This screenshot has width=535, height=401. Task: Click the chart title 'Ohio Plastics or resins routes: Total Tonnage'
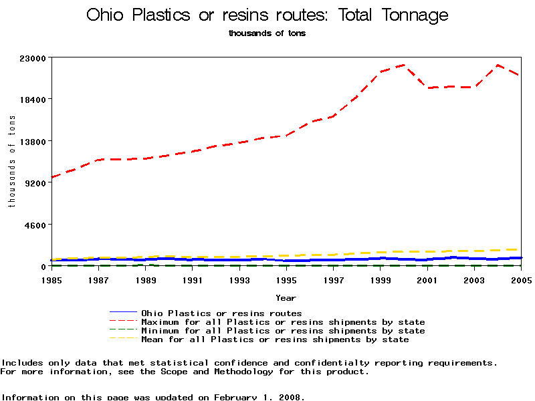coord(267,15)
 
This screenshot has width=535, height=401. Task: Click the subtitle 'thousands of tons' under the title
coord(267,33)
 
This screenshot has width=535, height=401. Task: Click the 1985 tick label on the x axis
coord(51,279)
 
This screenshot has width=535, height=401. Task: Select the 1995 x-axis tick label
coord(287,279)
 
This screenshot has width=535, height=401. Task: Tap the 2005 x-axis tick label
coord(522,279)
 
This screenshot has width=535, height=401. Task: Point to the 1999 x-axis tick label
coord(381,279)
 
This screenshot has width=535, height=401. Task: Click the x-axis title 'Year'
coord(286,298)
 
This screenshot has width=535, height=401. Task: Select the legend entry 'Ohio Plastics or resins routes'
coord(221,313)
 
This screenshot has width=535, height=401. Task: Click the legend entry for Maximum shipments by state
coord(283,321)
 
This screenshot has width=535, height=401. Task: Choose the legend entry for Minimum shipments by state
coord(283,330)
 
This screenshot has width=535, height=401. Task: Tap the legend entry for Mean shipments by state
coord(275,339)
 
